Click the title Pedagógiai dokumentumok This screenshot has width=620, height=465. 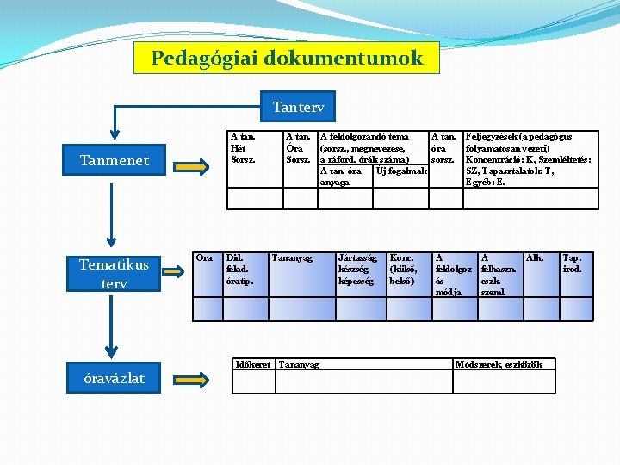pyautogui.click(x=287, y=59)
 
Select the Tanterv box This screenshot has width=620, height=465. pyautogui.click(x=298, y=107)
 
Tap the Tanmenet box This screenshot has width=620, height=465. pyautogui.click(x=114, y=160)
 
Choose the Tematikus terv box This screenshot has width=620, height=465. pyautogui.click(x=114, y=274)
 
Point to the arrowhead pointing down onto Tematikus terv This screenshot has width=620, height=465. pyautogui.click(x=110, y=242)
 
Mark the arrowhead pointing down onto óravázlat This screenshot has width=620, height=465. pyautogui.click(x=110, y=351)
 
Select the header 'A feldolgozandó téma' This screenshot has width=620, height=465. pyautogui.click(x=363, y=136)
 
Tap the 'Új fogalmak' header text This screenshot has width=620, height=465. pyautogui.click(x=401, y=170)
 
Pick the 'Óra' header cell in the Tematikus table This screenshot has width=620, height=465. pyautogui.click(x=205, y=257)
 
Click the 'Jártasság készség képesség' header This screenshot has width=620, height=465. pyautogui.click(x=357, y=269)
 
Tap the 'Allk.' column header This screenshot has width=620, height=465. pyautogui.click(x=534, y=257)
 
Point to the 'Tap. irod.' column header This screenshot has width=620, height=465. pyautogui.click(x=572, y=263)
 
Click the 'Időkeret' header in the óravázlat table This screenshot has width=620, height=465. pyautogui.click(x=253, y=364)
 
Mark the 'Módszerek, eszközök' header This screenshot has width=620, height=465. pyautogui.click(x=502, y=364)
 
